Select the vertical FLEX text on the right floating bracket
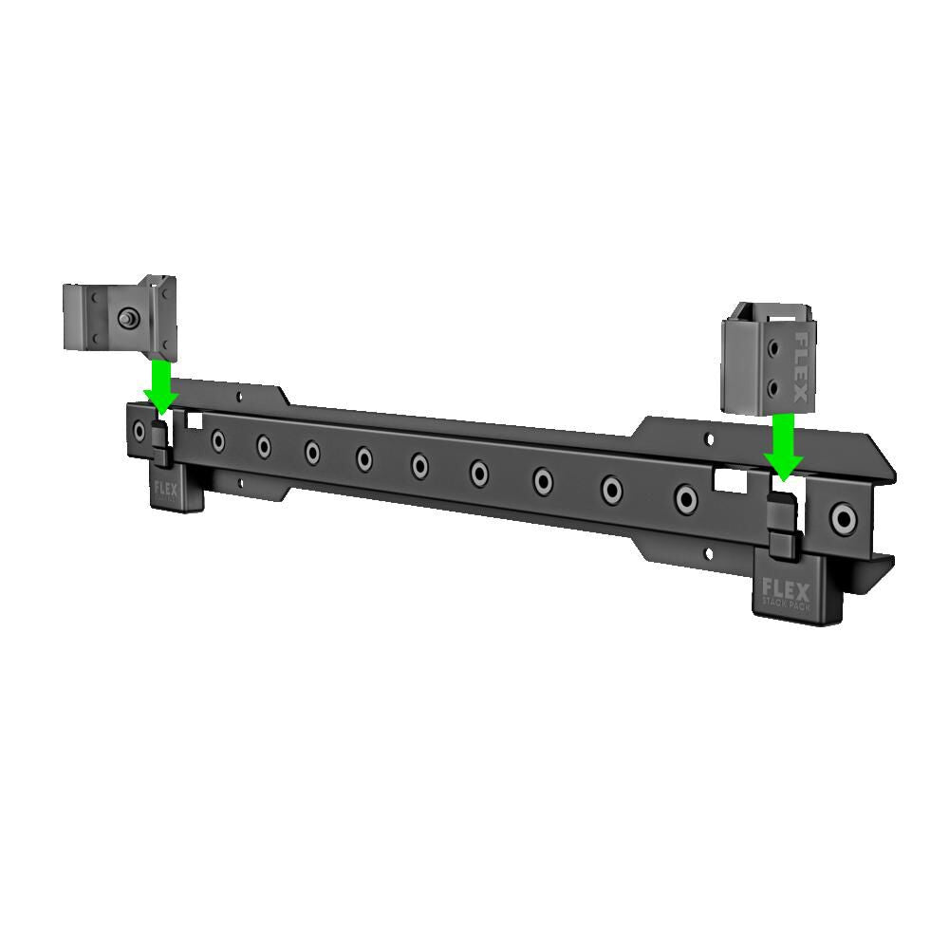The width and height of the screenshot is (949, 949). pos(802,365)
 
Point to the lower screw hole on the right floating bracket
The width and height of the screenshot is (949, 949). pos(777,386)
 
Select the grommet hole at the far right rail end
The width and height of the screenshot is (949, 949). pos(841,518)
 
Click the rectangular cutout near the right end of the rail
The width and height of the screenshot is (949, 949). pos(729,481)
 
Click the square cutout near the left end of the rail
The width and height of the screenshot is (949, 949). pos(195,418)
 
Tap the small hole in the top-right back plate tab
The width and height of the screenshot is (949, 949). pos(706,438)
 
